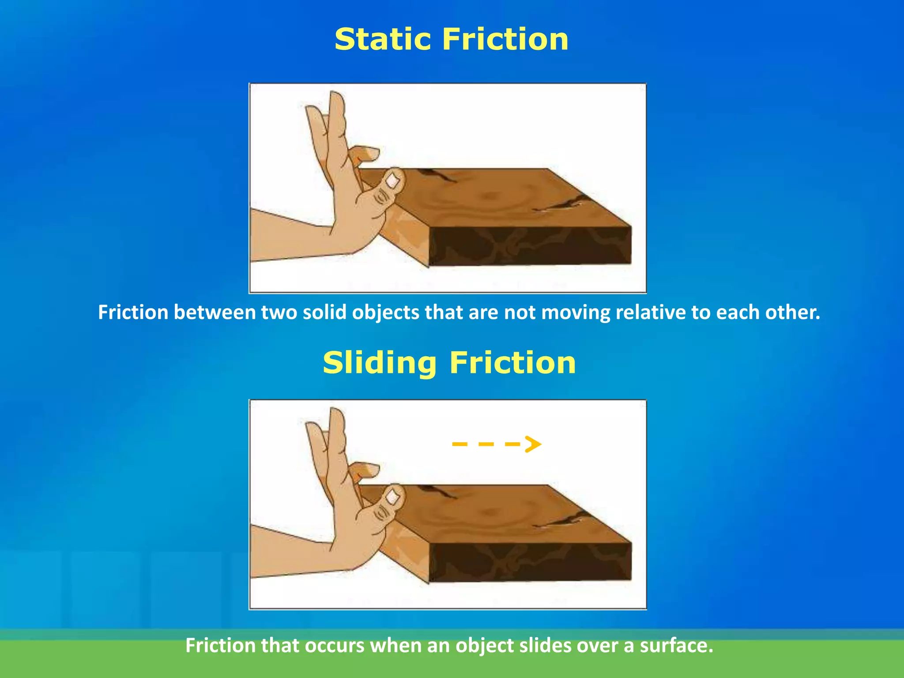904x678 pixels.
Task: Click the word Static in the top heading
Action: click(x=382, y=39)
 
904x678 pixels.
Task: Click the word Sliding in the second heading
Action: click(x=380, y=363)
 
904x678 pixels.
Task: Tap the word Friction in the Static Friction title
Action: click(x=505, y=39)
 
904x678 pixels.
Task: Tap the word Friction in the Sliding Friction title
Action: click(x=512, y=363)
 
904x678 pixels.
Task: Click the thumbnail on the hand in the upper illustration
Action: click(x=392, y=181)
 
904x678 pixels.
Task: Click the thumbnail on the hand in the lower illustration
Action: click(x=392, y=497)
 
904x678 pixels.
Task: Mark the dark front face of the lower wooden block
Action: click(x=530, y=563)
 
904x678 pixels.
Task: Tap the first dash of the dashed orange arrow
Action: click(x=460, y=444)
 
